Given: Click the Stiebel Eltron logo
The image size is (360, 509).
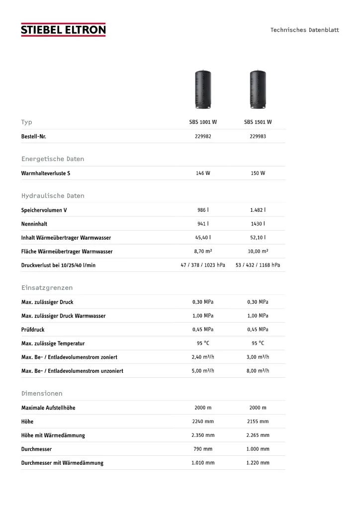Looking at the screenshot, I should coord(63,30).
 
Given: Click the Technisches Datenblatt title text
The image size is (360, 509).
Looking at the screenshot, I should coord(304,30).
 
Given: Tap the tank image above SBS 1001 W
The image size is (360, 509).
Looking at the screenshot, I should coord(203,89).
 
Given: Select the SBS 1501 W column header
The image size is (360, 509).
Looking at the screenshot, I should coord(258,122).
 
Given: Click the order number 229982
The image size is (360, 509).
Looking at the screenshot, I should coord(203,136).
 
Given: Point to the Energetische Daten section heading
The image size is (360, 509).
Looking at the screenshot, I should coord(53,159).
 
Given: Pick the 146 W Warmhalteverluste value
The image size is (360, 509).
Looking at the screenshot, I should coord(203,173).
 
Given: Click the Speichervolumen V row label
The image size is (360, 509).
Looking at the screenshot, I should coord(44,210).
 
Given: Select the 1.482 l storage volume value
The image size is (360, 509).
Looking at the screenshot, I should coord(258,210).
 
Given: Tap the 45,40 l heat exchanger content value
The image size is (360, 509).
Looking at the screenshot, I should coord(203,238).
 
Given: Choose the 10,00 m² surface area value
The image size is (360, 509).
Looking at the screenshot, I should coord(258,252).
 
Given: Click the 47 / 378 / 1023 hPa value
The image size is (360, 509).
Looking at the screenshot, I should coord(203,265).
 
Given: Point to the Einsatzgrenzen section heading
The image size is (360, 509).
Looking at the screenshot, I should coord(47,288).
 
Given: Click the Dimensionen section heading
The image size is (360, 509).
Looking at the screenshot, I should coord(42,394).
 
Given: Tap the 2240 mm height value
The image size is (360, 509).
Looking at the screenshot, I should coord(203,422).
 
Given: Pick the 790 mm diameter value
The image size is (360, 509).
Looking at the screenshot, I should coord(203,449).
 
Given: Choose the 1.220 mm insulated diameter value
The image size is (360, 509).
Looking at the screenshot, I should coord(258,463).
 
